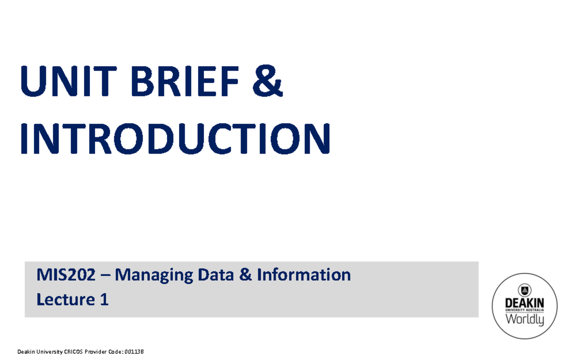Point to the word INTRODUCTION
[175, 139]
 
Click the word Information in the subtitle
[304, 275]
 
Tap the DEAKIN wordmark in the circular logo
[525, 303]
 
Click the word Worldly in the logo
[525, 319]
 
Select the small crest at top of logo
[525, 289]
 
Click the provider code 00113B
[133, 352]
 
